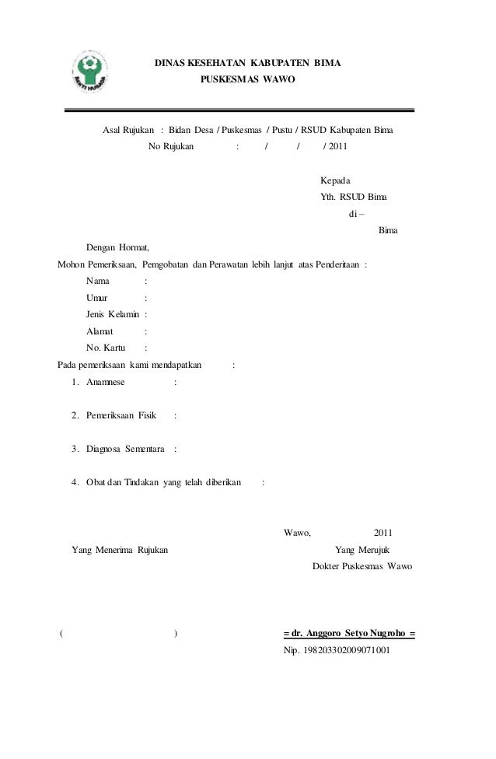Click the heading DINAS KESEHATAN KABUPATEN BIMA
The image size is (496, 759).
point(247,61)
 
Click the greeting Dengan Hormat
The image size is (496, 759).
point(117,247)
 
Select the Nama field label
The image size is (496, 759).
point(98,281)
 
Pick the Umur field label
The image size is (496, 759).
point(97,298)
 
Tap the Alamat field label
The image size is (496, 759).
point(100,331)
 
